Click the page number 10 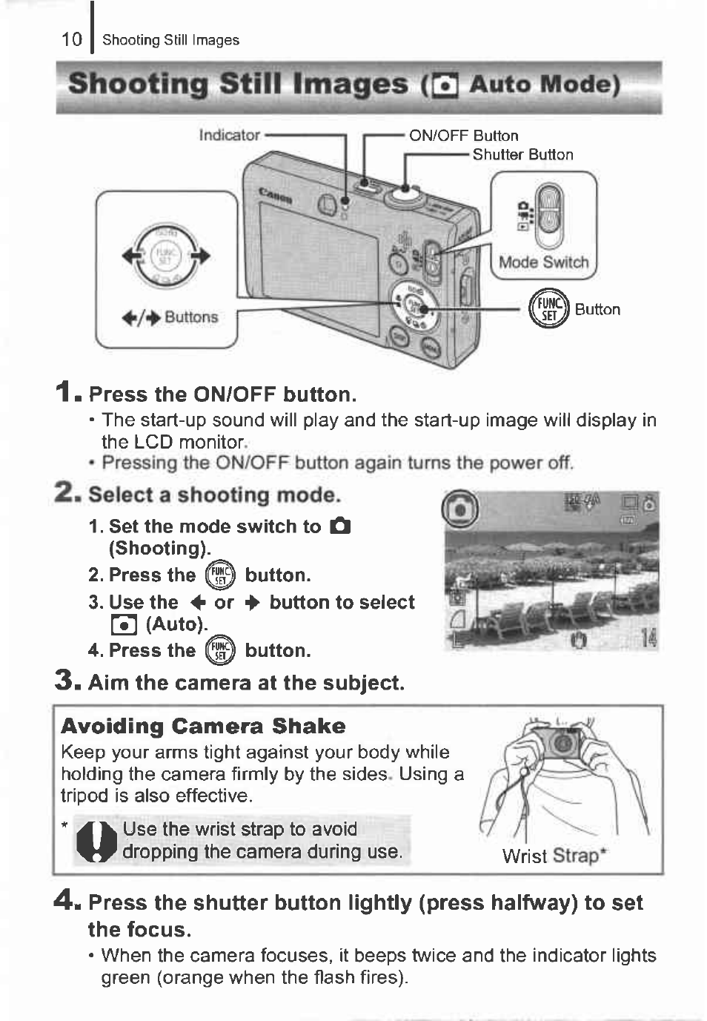click(71, 39)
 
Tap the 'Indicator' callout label click(229, 135)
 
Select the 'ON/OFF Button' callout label click(463, 136)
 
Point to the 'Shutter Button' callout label click(522, 155)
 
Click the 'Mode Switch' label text click(543, 262)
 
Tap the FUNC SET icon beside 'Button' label click(548, 308)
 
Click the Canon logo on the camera click(275, 197)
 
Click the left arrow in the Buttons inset click(133, 256)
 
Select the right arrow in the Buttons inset click(201, 256)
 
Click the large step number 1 click(66, 391)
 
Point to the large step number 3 click(65, 680)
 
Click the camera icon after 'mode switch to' click(340, 526)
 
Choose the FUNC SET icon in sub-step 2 click(220, 575)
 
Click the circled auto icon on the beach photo click(459, 509)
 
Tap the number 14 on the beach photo click(648, 637)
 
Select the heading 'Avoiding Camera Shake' click(203, 726)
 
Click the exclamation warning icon click(97, 842)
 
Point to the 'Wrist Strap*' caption click(554, 856)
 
